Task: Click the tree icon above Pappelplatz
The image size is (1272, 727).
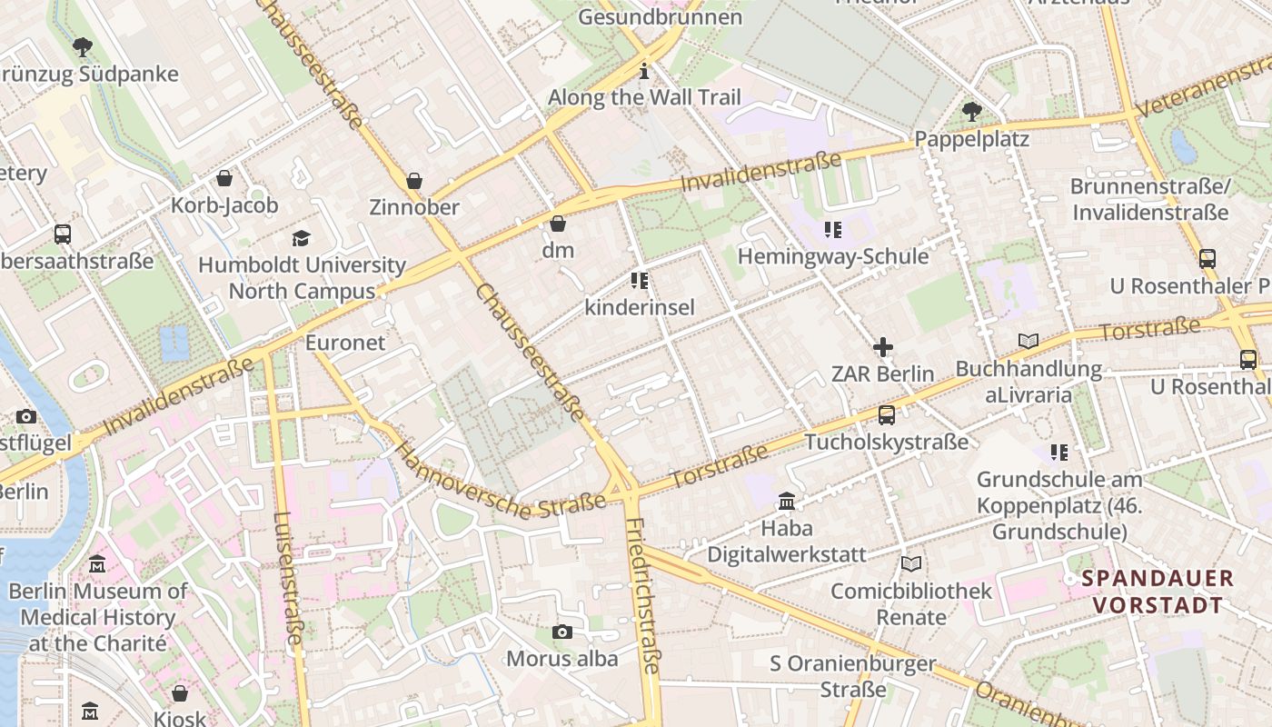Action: coord(971,112)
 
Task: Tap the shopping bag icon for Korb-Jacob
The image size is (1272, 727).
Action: coord(224,178)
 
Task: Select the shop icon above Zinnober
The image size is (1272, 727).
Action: coord(414,181)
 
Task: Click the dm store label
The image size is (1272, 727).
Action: coord(558,249)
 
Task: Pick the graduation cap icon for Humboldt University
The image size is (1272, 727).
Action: coord(301,238)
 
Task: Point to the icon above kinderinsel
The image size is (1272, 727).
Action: coord(640,281)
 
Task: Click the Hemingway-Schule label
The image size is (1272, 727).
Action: coord(832,256)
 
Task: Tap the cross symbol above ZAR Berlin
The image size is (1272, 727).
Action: coord(882,347)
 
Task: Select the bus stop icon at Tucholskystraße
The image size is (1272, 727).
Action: coord(886,415)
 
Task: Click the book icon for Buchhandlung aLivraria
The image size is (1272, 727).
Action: coord(1028,342)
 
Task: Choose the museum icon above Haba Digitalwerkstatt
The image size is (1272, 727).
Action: coord(786,502)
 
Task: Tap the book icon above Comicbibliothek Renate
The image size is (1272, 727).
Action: coord(911,564)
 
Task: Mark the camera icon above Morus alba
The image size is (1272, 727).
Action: coord(562,632)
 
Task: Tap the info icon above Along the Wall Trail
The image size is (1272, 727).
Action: coord(644,71)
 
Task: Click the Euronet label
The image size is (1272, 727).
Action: coord(345,344)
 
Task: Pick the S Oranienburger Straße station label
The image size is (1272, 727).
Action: coord(852,676)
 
